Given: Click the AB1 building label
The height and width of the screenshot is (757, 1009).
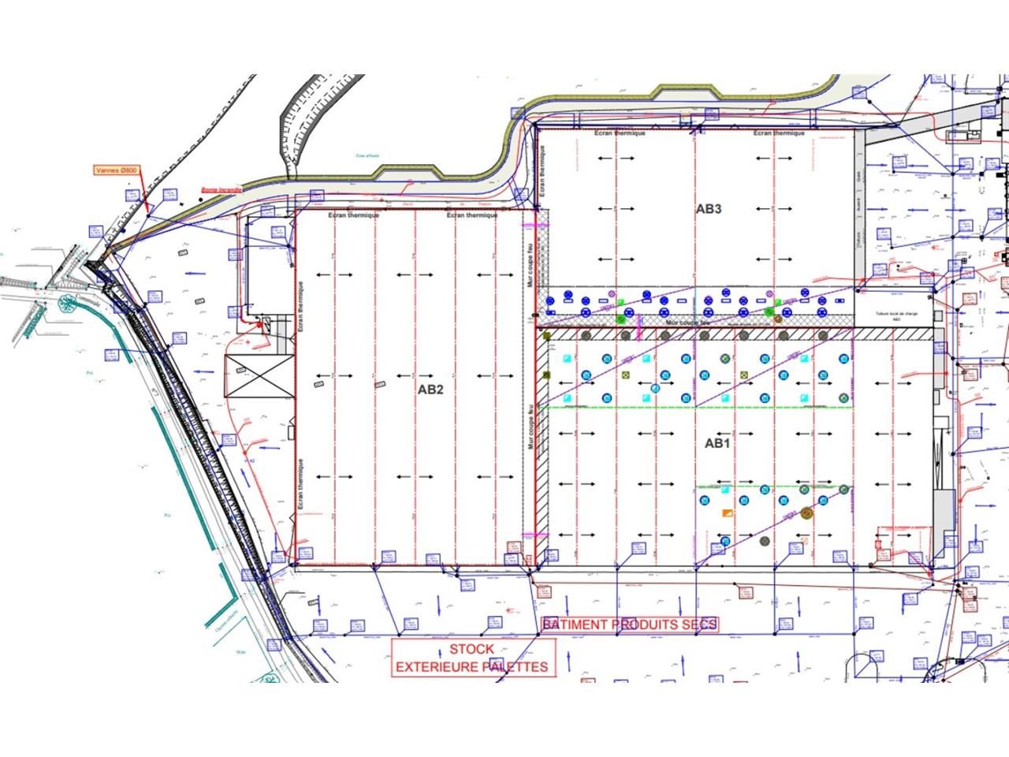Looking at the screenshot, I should [x=717, y=444].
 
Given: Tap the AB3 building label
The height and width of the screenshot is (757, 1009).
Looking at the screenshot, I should [x=708, y=209].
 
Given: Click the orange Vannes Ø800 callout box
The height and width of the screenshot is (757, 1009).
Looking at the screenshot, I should [x=117, y=170].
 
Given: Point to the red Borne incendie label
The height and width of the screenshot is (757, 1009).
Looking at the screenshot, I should [x=221, y=189].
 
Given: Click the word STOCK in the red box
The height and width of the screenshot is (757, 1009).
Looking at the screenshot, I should [x=472, y=649].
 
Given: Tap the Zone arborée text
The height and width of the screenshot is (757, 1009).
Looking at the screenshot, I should [x=367, y=156].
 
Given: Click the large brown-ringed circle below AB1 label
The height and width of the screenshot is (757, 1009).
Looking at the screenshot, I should [x=806, y=513].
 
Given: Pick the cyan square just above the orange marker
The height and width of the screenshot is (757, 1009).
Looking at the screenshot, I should [x=724, y=490].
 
